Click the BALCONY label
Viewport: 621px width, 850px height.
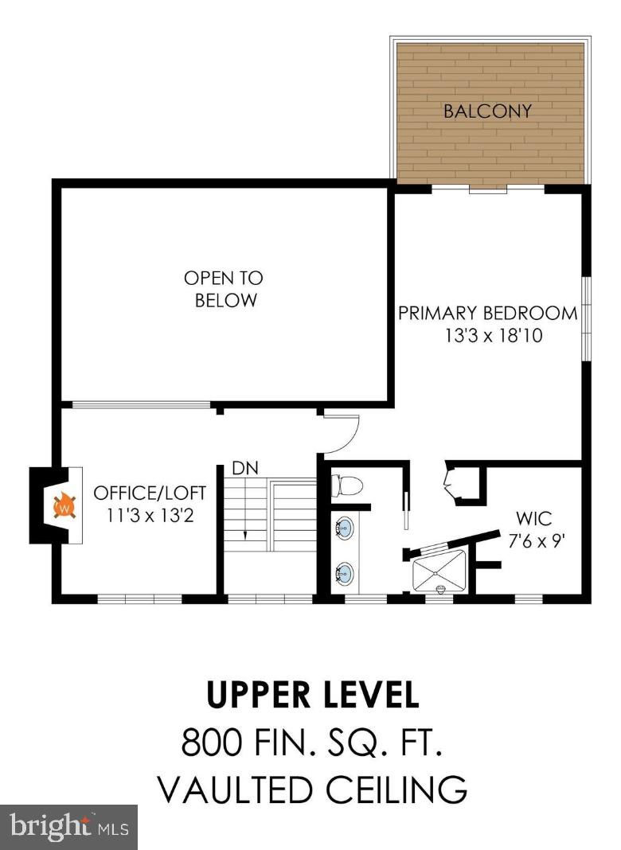click(x=487, y=111)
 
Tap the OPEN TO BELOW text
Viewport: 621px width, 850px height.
click(x=224, y=289)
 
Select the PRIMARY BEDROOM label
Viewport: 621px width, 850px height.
click(x=488, y=314)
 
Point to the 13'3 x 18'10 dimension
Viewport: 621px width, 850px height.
click(x=494, y=336)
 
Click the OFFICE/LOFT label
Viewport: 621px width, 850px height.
click(x=150, y=493)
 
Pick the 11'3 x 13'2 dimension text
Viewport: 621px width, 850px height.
click(x=150, y=515)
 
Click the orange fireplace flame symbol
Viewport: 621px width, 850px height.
click(x=64, y=505)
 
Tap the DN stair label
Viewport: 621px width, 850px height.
click(x=245, y=468)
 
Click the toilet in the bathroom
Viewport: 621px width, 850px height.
click(x=346, y=486)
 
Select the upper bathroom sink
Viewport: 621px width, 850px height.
click(x=343, y=528)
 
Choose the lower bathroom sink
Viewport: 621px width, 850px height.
click(x=343, y=573)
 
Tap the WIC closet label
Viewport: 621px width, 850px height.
click(x=533, y=519)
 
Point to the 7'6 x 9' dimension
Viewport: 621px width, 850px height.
click(x=537, y=541)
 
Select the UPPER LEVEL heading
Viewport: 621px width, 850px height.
click(x=314, y=695)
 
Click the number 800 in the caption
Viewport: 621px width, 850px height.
click(x=212, y=742)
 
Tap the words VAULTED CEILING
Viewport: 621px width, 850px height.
click(x=313, y=790)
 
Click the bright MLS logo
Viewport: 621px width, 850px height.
click(x=68, y=826)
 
